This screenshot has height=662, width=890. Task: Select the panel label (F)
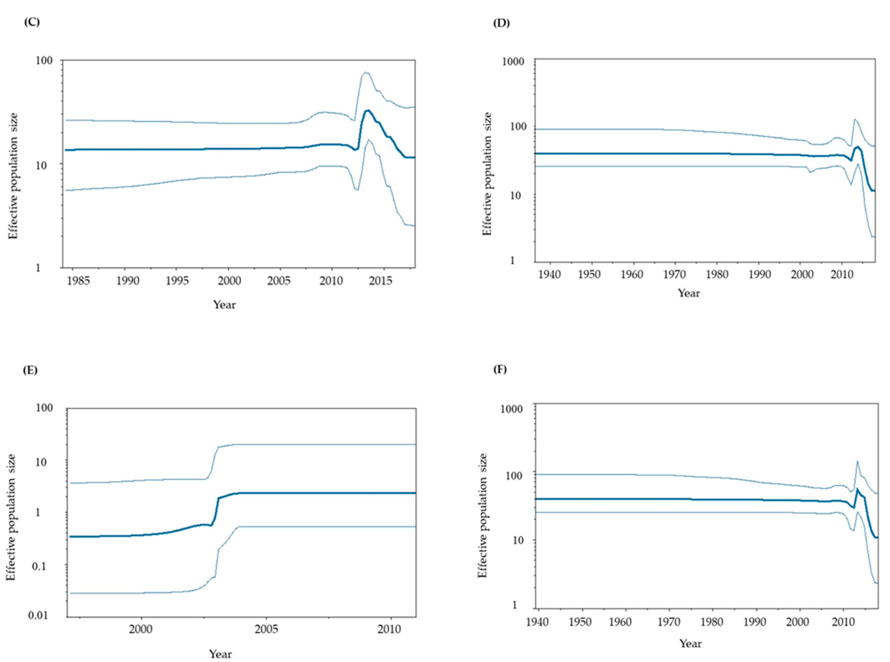500,369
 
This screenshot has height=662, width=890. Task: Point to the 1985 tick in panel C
78,280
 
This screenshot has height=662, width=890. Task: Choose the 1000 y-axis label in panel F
511,409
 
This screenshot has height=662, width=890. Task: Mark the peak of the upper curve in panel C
365,72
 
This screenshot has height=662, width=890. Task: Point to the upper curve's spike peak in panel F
857,461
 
